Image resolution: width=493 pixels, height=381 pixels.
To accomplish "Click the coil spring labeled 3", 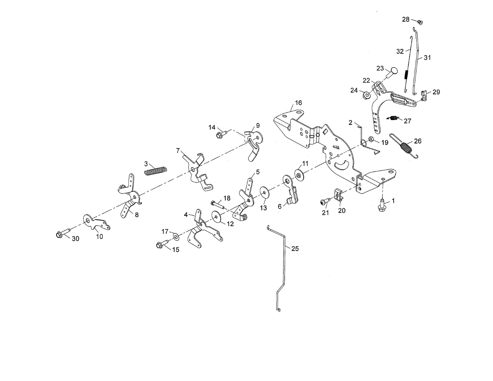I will (156, 170).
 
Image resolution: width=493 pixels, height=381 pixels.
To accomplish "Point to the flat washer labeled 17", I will (176, 236).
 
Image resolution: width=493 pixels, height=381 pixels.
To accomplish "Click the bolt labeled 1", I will (381, 204).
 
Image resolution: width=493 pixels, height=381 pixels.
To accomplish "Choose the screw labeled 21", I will (324, 201).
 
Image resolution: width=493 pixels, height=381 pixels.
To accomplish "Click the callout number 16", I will (298, 102).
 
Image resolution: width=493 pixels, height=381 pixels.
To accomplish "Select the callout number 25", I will (295, 248).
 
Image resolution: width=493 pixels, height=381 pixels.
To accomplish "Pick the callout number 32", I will (400, 51).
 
